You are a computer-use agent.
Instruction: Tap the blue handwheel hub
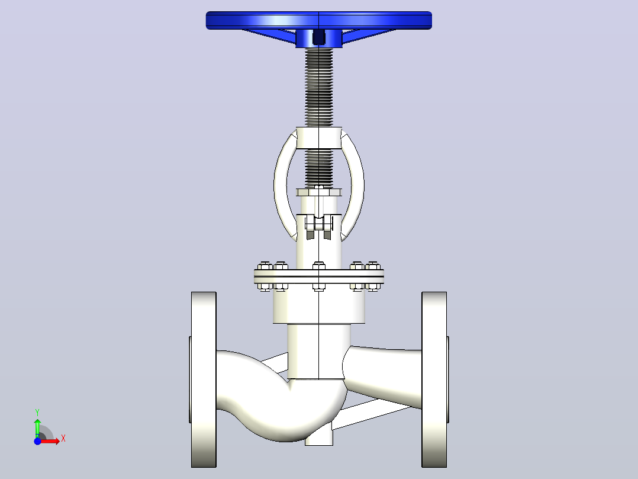pyautogui.click(x=318, y=39)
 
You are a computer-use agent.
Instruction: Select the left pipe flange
pyautogui.click(x=204, y=379)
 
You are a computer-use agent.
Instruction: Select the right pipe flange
pyautogui.click(x=434, y=379)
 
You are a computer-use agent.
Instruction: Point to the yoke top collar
pyautogui.click(x=318, y=138)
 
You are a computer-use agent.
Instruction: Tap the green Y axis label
pyautogui.click(x=37, y=413)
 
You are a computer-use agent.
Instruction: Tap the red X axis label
pyautogui.click(x=63, y=439)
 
